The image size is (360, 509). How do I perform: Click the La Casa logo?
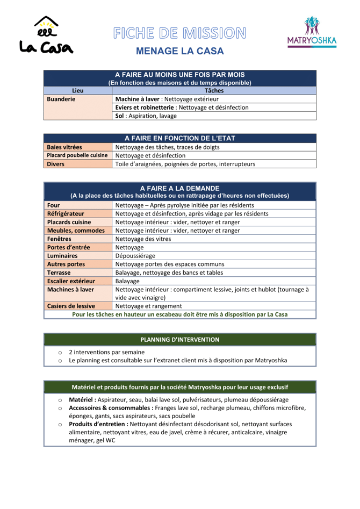click(46, 35)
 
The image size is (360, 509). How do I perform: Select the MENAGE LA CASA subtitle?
click(179, 52)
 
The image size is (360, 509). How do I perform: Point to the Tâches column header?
click(214, 91)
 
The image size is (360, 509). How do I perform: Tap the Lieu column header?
click(77, 91)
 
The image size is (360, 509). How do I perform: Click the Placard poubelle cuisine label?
click(77, 155)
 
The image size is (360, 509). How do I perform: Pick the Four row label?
click(54, 205)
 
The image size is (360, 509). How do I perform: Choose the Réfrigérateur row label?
click(67, 213)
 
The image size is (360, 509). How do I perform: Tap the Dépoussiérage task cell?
click(136, 256)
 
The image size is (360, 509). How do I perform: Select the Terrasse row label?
click(60, 273)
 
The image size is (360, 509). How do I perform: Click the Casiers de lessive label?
click(71, 306)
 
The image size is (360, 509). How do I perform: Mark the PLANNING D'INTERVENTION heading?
click(179, 340)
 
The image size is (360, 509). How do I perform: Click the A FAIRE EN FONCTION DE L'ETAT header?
click(179, 138)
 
